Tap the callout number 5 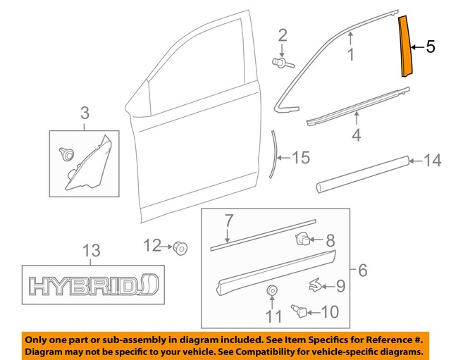point(431,48)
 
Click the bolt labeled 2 point(280,63)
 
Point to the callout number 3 point(85,113)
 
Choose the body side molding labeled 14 point(363,174)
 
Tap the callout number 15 point(301,158)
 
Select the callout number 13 point(92,250)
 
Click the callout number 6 point(363,270)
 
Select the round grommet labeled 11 point(271,291)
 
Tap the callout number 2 point(283,35)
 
